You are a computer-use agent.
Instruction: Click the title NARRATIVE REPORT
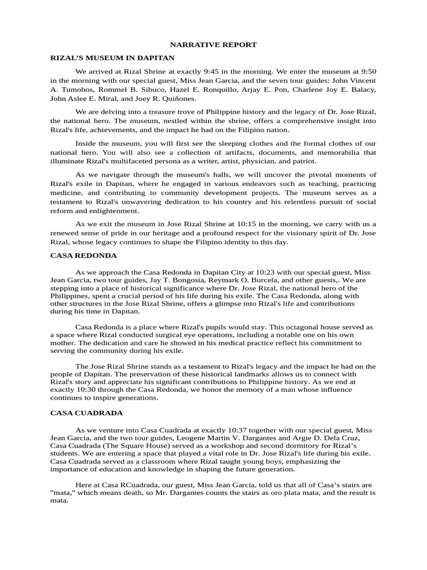[213, 45]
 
